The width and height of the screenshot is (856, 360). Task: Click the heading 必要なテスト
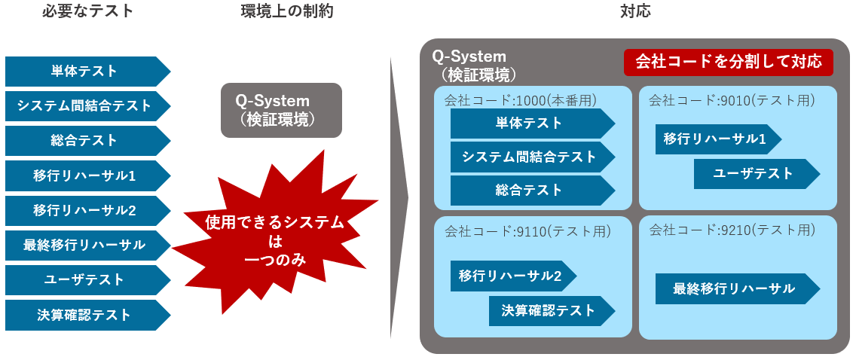[x=88, y=11]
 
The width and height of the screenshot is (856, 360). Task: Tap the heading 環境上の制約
[x=286, y=11]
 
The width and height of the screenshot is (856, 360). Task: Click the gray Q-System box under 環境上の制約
[x=281, y=110]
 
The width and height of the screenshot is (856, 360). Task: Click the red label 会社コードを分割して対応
[x=729, y=62]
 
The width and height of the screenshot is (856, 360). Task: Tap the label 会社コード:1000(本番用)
[x=520, y=100]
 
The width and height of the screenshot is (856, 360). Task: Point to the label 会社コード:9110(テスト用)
[x=527, y=231]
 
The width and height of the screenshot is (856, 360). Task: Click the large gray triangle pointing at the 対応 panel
[x=399, y=197]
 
